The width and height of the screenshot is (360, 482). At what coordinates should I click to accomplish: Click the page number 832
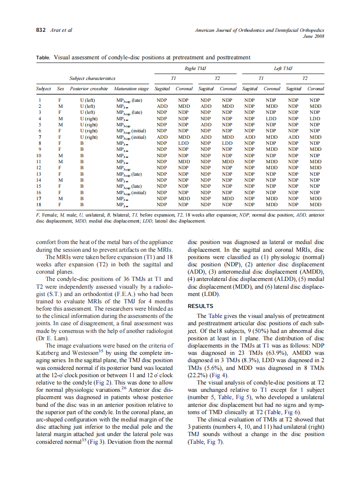coord(41,30)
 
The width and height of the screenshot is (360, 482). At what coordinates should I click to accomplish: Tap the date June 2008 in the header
coord(314,36)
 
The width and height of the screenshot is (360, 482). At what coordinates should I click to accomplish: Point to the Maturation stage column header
coord(131,89)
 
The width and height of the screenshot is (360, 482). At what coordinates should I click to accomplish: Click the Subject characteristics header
coord(92,79)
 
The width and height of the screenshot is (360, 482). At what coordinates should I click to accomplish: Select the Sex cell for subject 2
coord(61,106)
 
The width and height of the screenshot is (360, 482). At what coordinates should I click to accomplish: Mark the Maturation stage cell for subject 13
coord(129,174)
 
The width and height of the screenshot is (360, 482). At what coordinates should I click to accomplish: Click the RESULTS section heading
coord(200,306)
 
